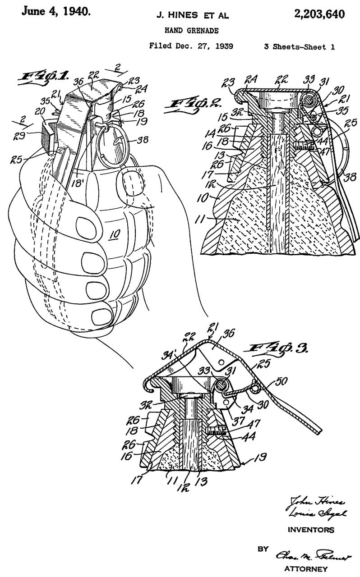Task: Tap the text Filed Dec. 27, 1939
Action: pos(191,46)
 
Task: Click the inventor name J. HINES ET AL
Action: pos(192,16)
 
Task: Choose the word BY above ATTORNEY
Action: pos(262,549)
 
